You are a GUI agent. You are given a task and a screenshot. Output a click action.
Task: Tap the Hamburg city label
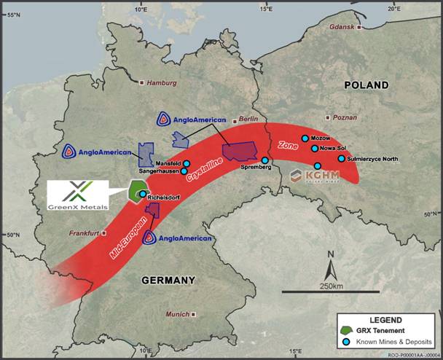pyautogui.click(x=162, y=83)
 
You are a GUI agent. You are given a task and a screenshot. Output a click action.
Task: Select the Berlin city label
pyautogui.click(x=248, y=119)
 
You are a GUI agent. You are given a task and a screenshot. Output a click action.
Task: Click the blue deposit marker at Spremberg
pyautogui.click(x=265, y=160)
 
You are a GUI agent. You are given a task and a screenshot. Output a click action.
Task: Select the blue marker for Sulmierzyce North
pyautogui.click(x=341, y=158)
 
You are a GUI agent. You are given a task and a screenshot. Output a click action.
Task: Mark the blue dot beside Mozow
pyautogui.click(x=305, y=138)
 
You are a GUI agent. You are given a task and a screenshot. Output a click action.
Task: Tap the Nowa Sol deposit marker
pyautogui.click(x=314, y=149)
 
